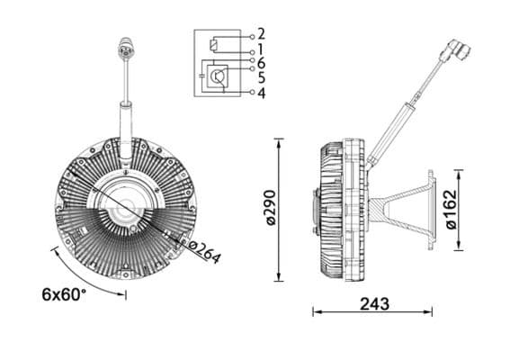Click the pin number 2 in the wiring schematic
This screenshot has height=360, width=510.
pos(261,34)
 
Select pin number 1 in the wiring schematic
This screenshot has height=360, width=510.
pos(261,49)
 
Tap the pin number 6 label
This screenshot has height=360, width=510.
pos(261,63)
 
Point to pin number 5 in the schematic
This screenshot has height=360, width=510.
pos(261,77)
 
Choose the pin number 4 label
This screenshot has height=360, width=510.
pos(261,92)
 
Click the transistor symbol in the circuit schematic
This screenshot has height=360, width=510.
pos(219,78)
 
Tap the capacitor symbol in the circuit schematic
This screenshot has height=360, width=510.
pos(199,78)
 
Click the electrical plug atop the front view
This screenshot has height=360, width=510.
pos(124,49)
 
